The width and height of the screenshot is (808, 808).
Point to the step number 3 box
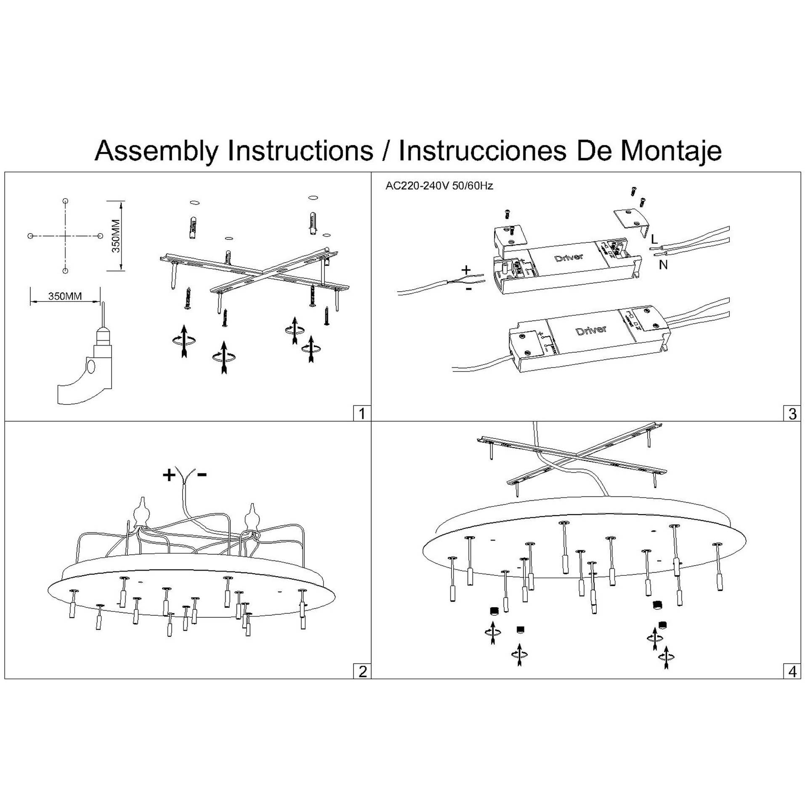[792, 413]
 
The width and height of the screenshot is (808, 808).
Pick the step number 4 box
[792, 671]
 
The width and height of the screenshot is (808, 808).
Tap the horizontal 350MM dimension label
[65, 296]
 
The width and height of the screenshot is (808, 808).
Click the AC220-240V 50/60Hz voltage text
[439, 186]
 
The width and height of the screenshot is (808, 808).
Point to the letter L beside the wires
[654, 239]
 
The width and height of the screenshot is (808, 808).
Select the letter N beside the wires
[663, 265]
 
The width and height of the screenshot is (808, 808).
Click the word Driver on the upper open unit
[569, 257]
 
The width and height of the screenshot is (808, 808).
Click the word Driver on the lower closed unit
[591, 330]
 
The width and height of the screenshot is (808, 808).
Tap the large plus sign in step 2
[169, 475]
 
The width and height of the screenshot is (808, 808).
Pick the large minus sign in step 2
[202, 475]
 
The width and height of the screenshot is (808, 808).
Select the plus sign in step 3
[466, 270]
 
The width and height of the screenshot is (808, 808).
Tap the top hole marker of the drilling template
[65, 201]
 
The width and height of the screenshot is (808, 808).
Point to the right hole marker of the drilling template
[100, 236]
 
